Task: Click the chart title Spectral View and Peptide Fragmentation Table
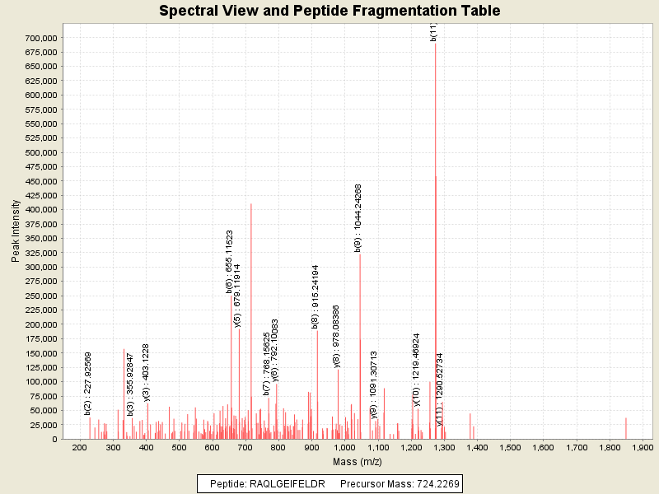click(329, 11)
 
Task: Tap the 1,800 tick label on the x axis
click(610, 447)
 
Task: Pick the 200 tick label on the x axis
click(80, 447)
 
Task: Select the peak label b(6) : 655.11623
click(230, 262)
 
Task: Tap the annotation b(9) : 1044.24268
click(358, 218)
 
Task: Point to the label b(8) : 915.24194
click(315, 297)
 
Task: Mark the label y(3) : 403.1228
click(146, 373)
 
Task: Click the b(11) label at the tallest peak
click(433, 31)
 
